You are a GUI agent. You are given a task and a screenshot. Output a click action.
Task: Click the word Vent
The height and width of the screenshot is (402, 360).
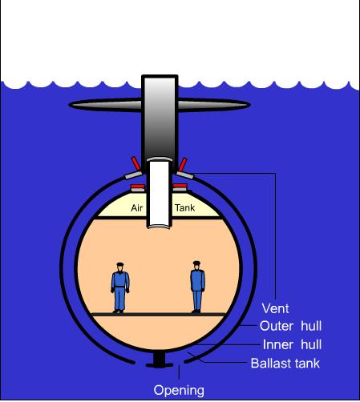(275, 308)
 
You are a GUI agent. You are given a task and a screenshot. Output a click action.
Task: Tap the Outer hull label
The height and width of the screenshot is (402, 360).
(290, 326)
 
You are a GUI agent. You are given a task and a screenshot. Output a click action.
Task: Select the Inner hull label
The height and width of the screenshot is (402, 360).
(292, 344)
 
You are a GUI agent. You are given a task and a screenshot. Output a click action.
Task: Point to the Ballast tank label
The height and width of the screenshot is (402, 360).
(285, 364)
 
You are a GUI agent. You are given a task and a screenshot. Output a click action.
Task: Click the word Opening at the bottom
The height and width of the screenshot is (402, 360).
(179, 390)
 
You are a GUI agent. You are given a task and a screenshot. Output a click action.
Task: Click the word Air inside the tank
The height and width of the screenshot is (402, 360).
(137, 208)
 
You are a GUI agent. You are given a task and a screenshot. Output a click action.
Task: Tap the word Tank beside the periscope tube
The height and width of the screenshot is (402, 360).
(184, 207)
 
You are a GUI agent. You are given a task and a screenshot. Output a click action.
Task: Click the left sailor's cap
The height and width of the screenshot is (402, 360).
(120, 264)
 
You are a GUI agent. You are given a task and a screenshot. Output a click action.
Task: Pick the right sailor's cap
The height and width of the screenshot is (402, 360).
(196, 263)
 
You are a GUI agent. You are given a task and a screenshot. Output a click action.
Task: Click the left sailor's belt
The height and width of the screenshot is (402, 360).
(120, 287)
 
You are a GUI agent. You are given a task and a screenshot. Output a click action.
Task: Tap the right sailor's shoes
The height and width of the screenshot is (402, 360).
(196, 311)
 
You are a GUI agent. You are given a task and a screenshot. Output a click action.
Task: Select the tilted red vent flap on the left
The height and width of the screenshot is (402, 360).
(136, 163)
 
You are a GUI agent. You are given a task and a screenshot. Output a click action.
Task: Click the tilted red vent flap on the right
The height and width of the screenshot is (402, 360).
(183, 164)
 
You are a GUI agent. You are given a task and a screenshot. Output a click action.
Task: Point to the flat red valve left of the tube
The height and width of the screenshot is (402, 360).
(138, 186)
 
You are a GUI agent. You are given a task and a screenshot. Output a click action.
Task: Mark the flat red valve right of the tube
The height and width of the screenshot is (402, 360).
(180, 186)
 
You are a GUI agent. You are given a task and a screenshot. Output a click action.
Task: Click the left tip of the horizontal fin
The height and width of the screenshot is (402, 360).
(69, 105)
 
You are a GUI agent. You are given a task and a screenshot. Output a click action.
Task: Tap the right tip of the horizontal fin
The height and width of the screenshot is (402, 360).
(250, 105)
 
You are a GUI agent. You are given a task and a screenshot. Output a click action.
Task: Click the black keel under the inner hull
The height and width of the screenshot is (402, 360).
(160, 360)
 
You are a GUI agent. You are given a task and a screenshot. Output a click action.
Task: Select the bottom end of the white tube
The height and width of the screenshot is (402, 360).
(160, 227)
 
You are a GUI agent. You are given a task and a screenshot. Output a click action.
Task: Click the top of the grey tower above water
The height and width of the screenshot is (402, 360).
(160, 76)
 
